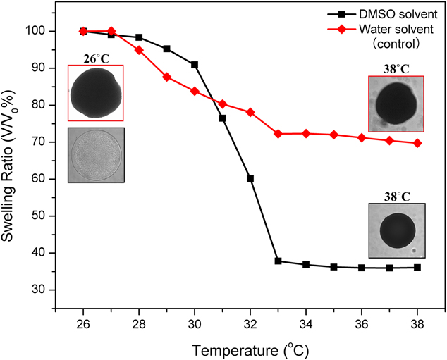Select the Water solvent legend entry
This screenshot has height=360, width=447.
388,28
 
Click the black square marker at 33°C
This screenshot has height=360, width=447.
278,261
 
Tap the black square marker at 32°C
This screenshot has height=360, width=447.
250,178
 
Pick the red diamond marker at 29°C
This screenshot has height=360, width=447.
167,77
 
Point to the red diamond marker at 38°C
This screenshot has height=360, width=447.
417,143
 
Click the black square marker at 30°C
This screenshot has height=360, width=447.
195,65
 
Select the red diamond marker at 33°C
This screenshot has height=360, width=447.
278,134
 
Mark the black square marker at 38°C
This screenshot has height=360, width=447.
417,268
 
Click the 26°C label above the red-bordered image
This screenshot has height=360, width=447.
97,58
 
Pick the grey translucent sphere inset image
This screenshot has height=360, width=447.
96,155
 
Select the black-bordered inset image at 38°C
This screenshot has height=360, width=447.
397,230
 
